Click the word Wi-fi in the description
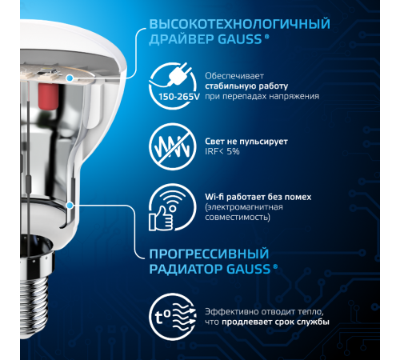point(218,196)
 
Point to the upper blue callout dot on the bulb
point(71,78)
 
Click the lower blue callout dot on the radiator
point(72,205)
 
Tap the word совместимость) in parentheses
point(238,217)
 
